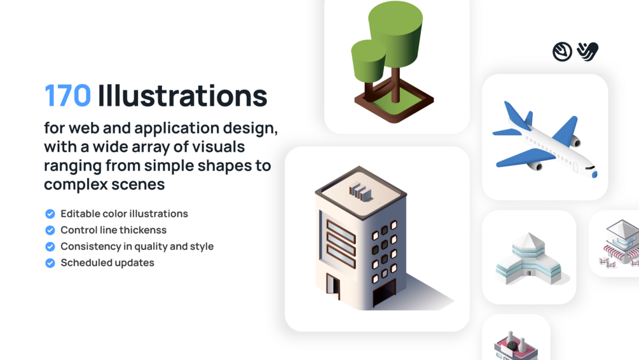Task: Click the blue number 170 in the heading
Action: coord(67,96)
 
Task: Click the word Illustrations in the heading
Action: coord(182,96)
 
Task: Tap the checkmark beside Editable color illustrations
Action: coord(50,214)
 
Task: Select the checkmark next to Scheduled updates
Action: coord(50,263)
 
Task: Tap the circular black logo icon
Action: coord(562,52)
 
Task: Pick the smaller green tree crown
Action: coord(368,61)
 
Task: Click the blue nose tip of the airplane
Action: coord(594,174)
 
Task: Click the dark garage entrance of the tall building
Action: coord(384,293)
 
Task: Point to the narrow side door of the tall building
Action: coord(333,285)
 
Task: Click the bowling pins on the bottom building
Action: coord(516,340)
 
